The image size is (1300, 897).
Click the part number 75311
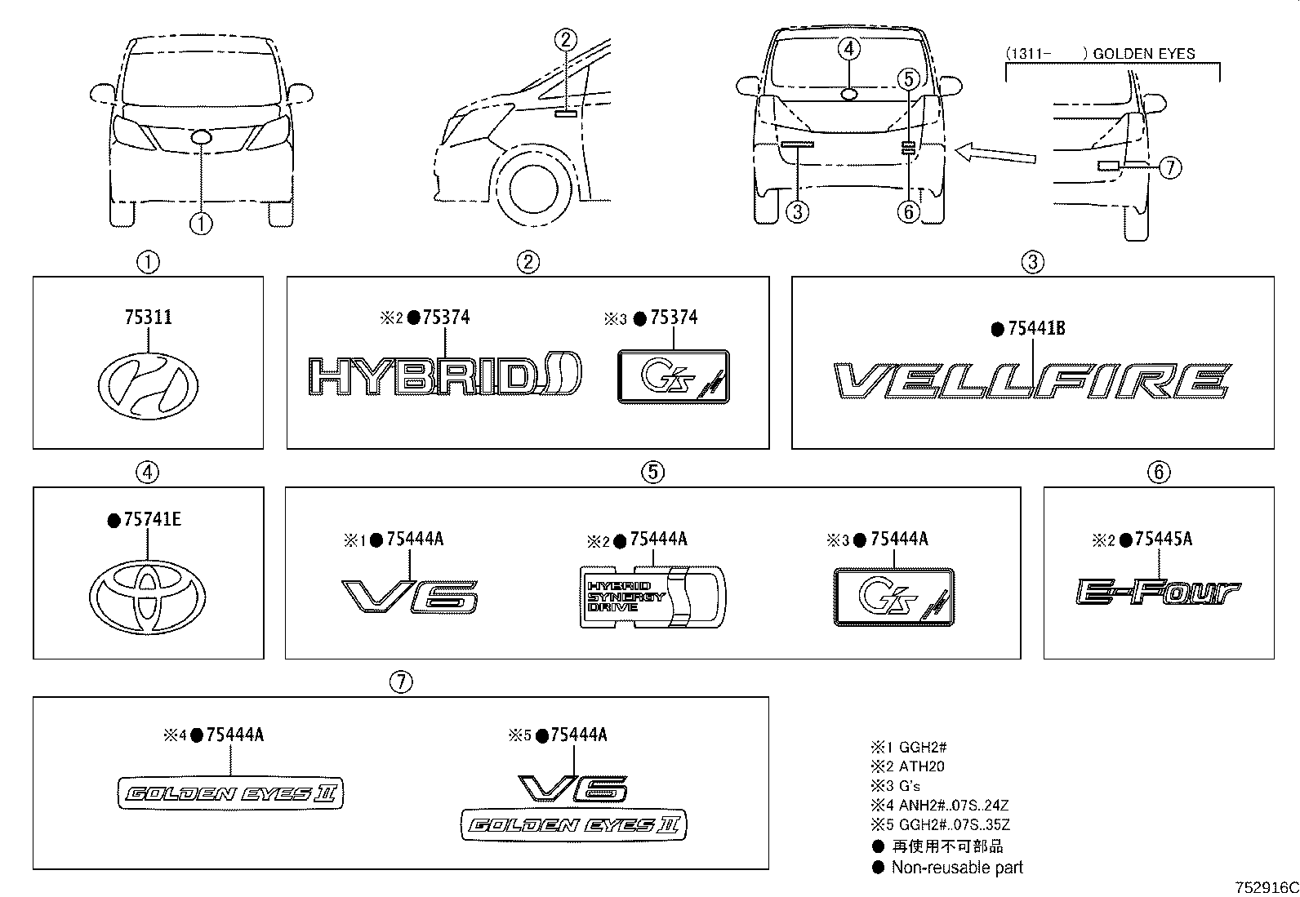tap(148, 318)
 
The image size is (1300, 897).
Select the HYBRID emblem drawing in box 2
tap(444, 378)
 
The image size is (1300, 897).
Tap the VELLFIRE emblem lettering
tap(1032, 382)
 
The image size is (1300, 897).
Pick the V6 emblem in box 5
tap(409, 597)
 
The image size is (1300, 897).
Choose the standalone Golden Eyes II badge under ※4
tap(231, 793)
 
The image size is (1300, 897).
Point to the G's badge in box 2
tap(673, 377)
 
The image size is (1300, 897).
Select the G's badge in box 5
tap(893, 597)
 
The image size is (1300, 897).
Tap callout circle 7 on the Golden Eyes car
tap(1170, 168)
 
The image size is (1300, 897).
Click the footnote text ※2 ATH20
tap(907, 766)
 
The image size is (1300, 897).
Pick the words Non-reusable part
tap(956, 868)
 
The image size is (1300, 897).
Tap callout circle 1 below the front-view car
tap(201, 222)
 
